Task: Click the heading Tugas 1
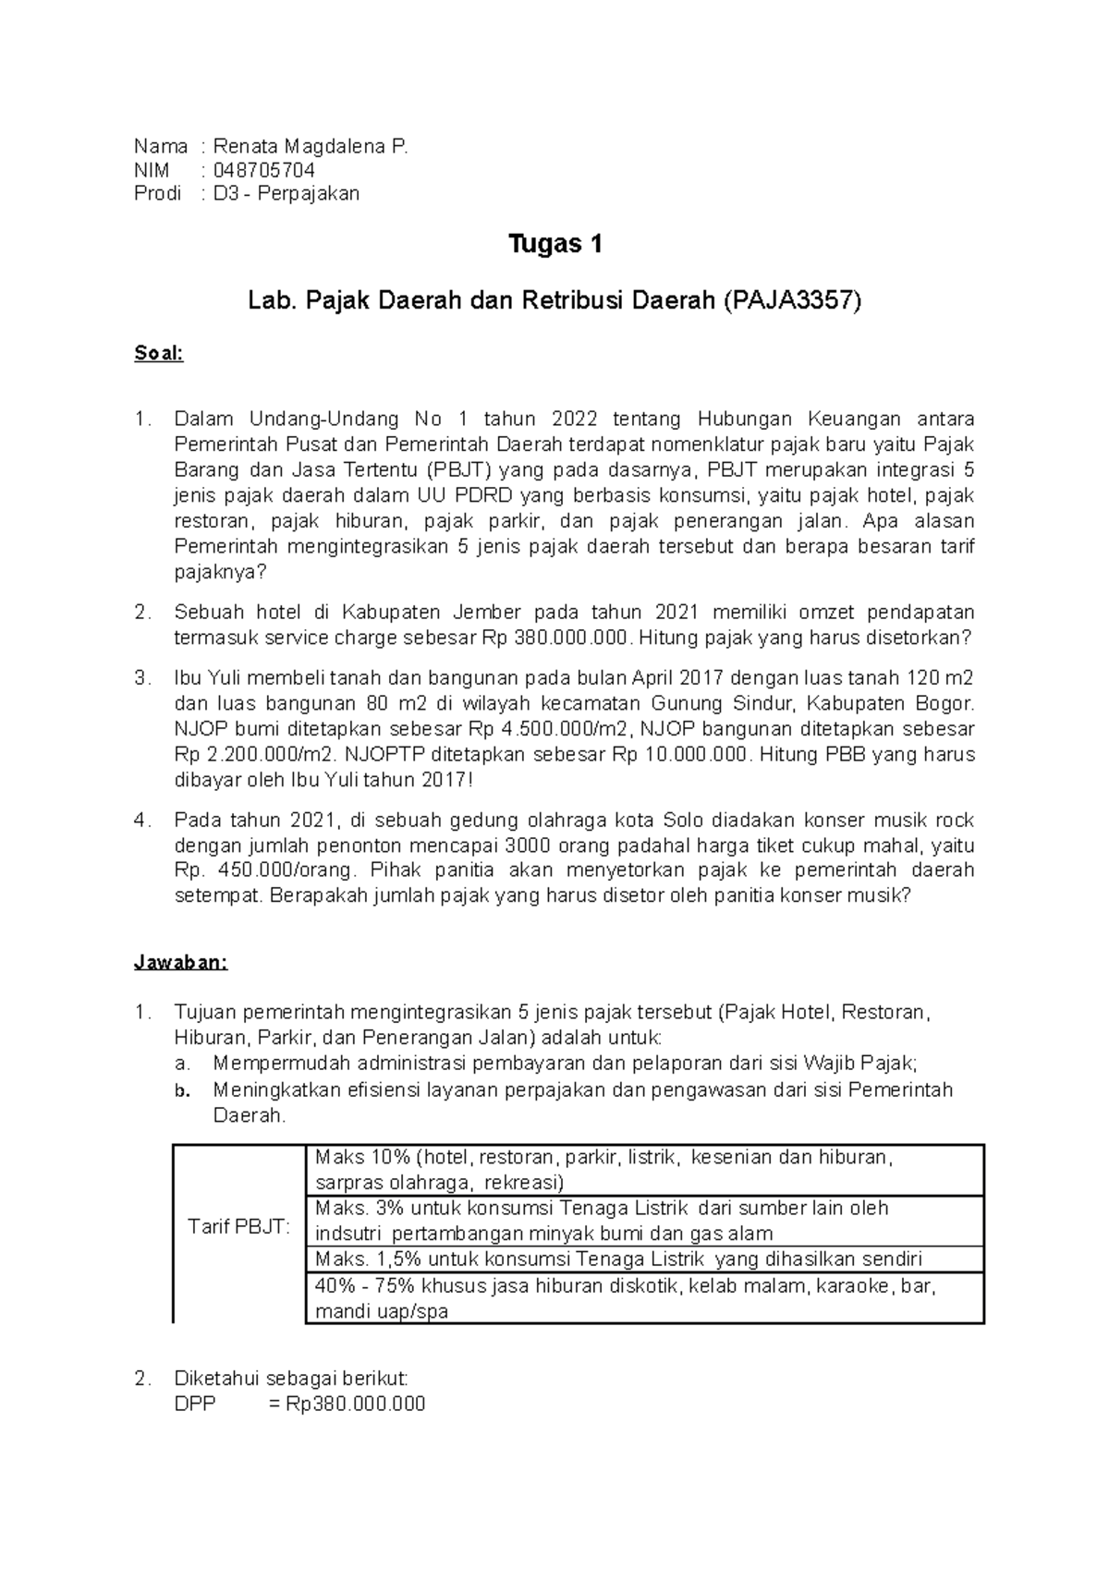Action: tap(555, 245)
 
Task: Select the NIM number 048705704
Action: tap(264, 170)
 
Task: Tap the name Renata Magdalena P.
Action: tap(310, 146)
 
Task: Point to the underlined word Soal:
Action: tap(159, 354)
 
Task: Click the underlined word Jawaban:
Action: tap(181, 962)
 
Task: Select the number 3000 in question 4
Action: tap(531, 845)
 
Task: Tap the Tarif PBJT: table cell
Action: tap(238, 1227)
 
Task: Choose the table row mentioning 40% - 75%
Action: tap(643, 1298)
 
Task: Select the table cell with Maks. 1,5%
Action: tap(643, 1259)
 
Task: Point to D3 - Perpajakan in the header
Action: tap(286, 193)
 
